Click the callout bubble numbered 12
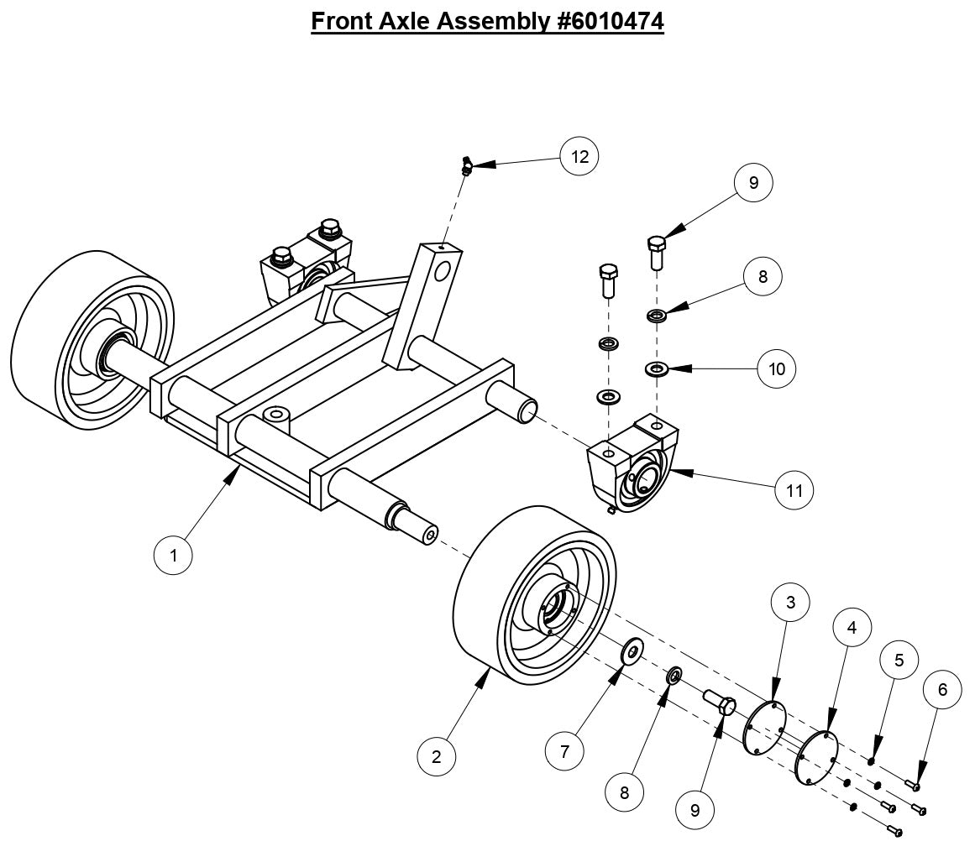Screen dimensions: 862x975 pos(579,156)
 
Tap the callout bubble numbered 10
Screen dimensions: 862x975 pos(777,368)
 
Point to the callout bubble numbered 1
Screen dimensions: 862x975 pos(174,555)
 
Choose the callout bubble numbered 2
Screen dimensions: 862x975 pos(437,755)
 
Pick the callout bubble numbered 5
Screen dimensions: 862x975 pos(899,660)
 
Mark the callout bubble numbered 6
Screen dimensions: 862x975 pos(942,689)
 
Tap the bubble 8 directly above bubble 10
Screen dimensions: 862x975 pos(763,276)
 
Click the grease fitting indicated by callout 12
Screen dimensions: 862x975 pos(467,165)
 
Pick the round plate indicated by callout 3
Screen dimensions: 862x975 pos(765,727)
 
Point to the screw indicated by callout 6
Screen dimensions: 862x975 pos(912,785)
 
